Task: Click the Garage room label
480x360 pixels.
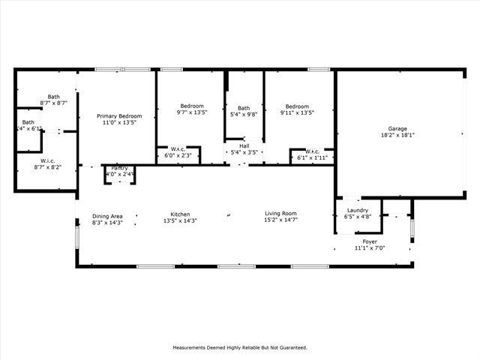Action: [397, 129]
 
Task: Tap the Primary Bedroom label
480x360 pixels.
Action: [119, 116]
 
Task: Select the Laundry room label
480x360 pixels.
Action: [357, 210]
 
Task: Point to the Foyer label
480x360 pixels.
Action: [370, 241]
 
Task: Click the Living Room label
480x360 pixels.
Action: [280, 214]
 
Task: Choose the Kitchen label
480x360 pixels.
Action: [180, 214]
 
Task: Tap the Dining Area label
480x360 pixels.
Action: [107, 216]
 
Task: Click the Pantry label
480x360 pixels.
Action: [119, 168]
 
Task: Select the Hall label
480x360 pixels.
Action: [244, 145]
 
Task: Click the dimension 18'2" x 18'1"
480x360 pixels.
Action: [397, 136]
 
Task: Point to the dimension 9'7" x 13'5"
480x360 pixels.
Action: [191, 112]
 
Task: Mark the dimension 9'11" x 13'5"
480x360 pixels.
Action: [297, 112]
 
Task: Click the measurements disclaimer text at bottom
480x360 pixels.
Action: [240, 347]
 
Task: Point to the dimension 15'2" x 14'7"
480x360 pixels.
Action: [280, 220]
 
